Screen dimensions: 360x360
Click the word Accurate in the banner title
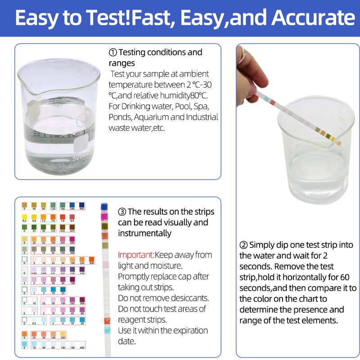click(310, 18)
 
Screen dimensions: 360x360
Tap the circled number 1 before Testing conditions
click(113, 53)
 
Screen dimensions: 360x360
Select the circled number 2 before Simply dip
click(243, 245)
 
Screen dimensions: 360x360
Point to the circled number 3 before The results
click(122, 211)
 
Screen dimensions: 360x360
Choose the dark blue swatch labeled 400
click(82, 205)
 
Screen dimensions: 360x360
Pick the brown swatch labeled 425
click(72, 228)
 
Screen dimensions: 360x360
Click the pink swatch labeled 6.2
click(24, 217)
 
